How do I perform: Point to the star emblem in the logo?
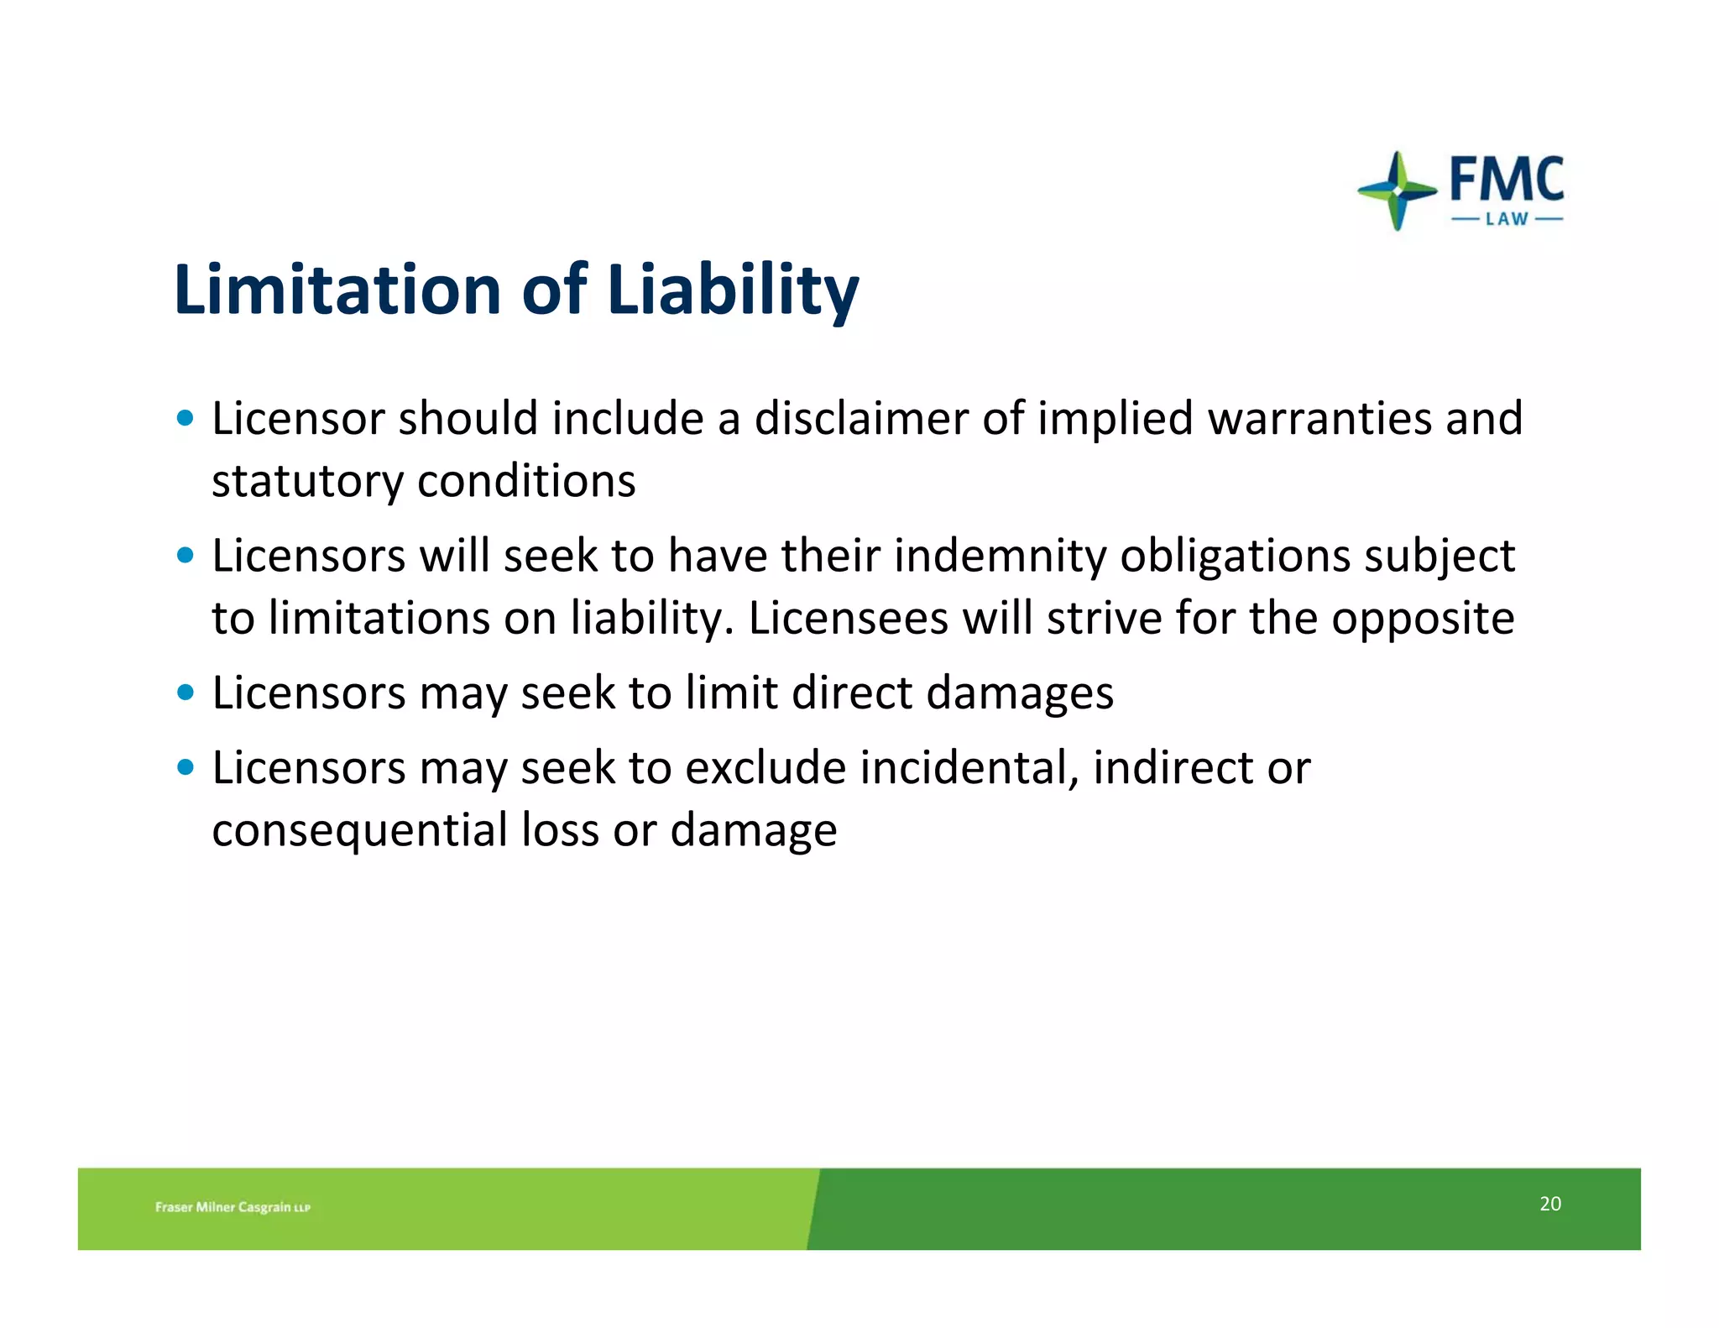point(1397,191)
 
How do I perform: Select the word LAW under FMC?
point(1507,220)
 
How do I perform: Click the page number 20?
point(1549,1204)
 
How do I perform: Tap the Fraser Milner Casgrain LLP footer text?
point(233,1207)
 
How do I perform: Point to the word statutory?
point(307,482)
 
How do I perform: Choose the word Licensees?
point(848,619)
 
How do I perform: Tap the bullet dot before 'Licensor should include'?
point(185,418)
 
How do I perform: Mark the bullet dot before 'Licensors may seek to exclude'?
point(185,767)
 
